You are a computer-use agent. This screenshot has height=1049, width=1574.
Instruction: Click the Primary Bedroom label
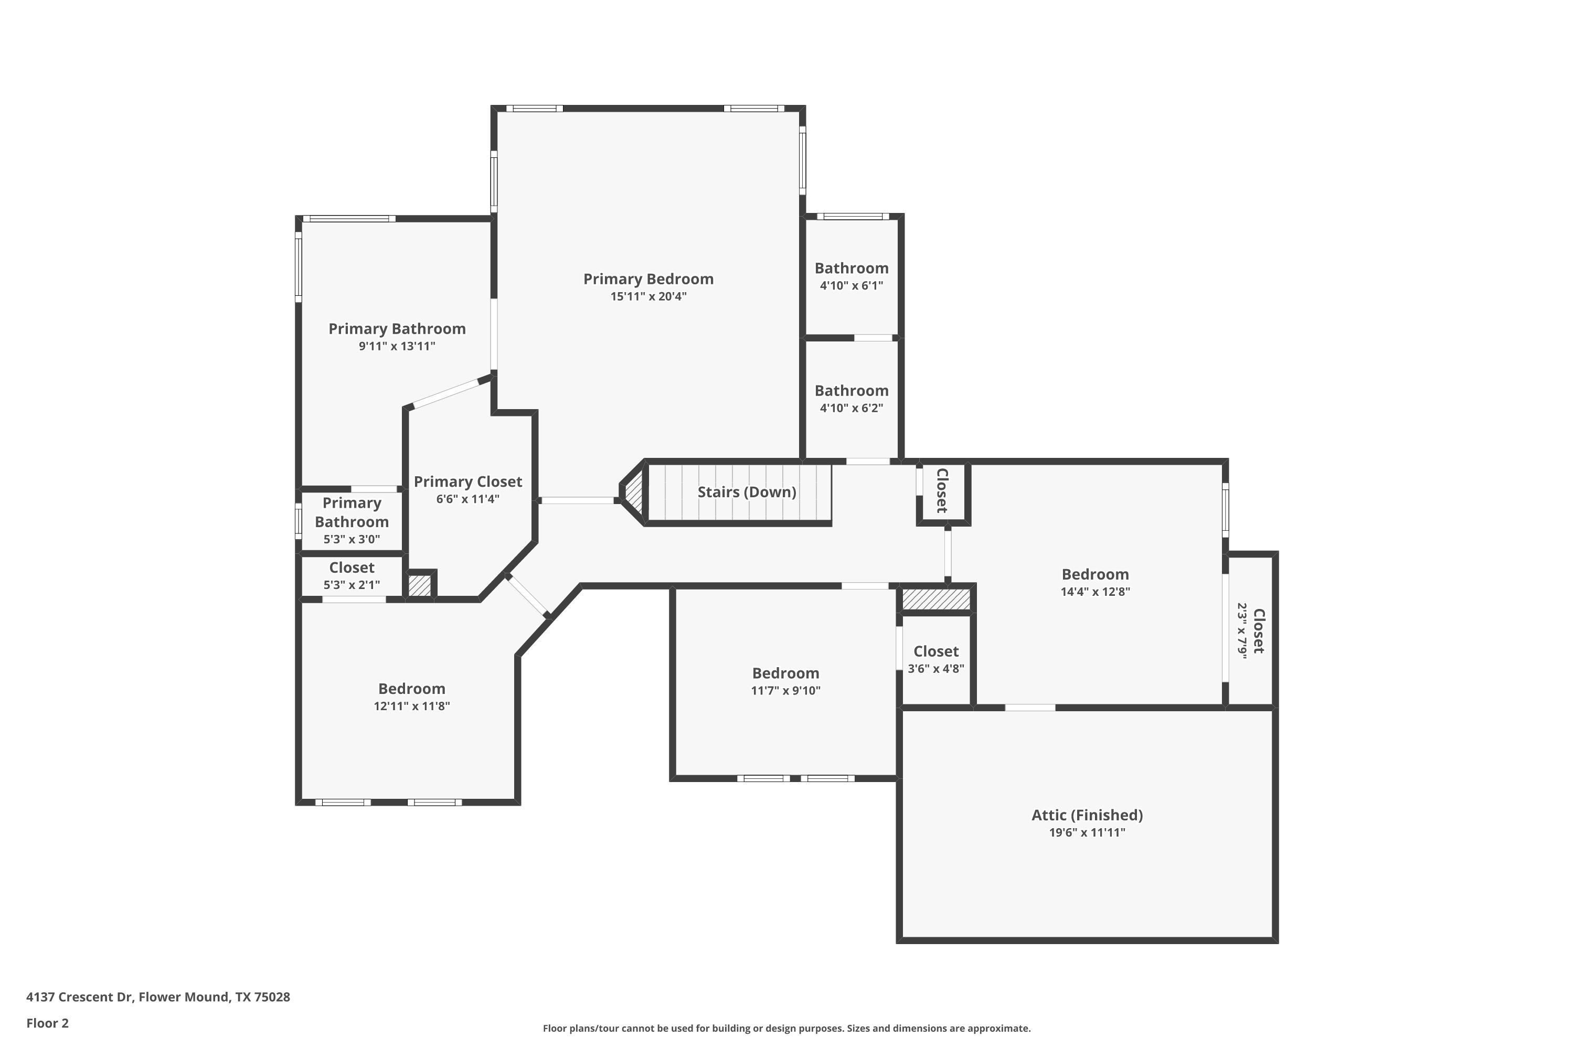648,279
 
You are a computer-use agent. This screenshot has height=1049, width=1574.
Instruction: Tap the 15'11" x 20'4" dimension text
648,296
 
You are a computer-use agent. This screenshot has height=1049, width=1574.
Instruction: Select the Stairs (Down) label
747,493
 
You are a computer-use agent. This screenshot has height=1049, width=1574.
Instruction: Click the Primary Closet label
468,481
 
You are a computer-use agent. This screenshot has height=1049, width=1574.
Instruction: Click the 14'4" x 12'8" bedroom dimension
1095,592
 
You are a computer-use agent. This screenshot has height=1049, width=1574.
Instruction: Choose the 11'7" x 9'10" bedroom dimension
785,690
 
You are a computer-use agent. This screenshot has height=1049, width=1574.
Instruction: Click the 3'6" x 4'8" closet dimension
935,668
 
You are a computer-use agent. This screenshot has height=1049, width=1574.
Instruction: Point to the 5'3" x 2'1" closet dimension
352,585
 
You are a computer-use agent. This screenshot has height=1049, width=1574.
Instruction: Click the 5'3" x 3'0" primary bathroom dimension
352,539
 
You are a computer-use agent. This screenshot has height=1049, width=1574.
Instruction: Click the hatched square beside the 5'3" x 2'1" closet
420,585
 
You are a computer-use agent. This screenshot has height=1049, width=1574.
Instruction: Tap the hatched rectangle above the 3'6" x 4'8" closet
935,599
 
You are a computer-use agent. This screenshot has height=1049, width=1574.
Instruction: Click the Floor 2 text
48,1023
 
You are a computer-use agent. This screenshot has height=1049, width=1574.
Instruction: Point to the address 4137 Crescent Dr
79,997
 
